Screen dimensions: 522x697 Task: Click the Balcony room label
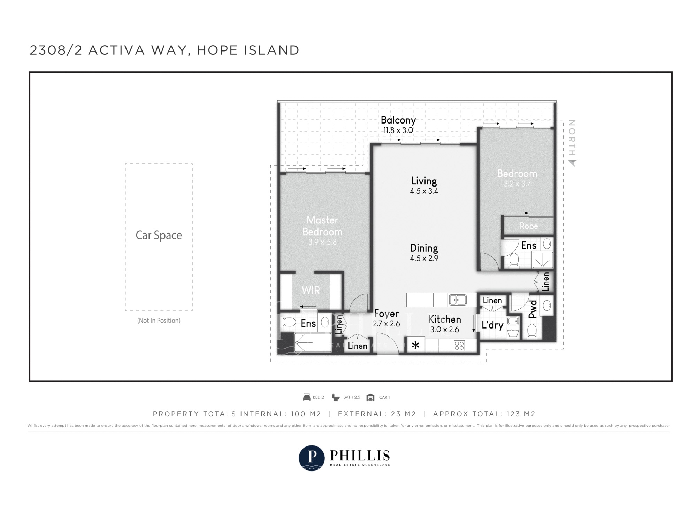[398, 120]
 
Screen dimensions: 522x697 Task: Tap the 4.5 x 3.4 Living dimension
[424, 191]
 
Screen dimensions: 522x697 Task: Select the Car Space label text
[159, 235]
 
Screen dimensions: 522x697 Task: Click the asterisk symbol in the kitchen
[415, 346]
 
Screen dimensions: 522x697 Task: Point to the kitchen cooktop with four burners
[459, 346]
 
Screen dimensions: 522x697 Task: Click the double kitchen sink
[458, 300]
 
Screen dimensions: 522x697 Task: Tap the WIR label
[311, 290]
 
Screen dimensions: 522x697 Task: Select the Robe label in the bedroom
[528, 226]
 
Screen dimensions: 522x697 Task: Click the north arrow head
[572, 163]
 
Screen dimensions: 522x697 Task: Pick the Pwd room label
[533, 309]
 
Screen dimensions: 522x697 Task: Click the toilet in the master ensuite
[288, 322]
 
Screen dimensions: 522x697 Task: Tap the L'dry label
[492, 325]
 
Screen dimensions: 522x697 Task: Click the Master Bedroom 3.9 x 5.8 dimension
[322, 242]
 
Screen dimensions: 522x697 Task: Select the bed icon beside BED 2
[307, 397]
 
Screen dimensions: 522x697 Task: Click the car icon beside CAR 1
[370, 397]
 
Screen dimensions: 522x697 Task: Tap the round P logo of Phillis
[312, 458]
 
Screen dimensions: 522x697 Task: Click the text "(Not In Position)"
[159, 321]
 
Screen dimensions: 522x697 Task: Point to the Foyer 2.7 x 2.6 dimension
[386, 324]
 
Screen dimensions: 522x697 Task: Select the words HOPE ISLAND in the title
[248, 50]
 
